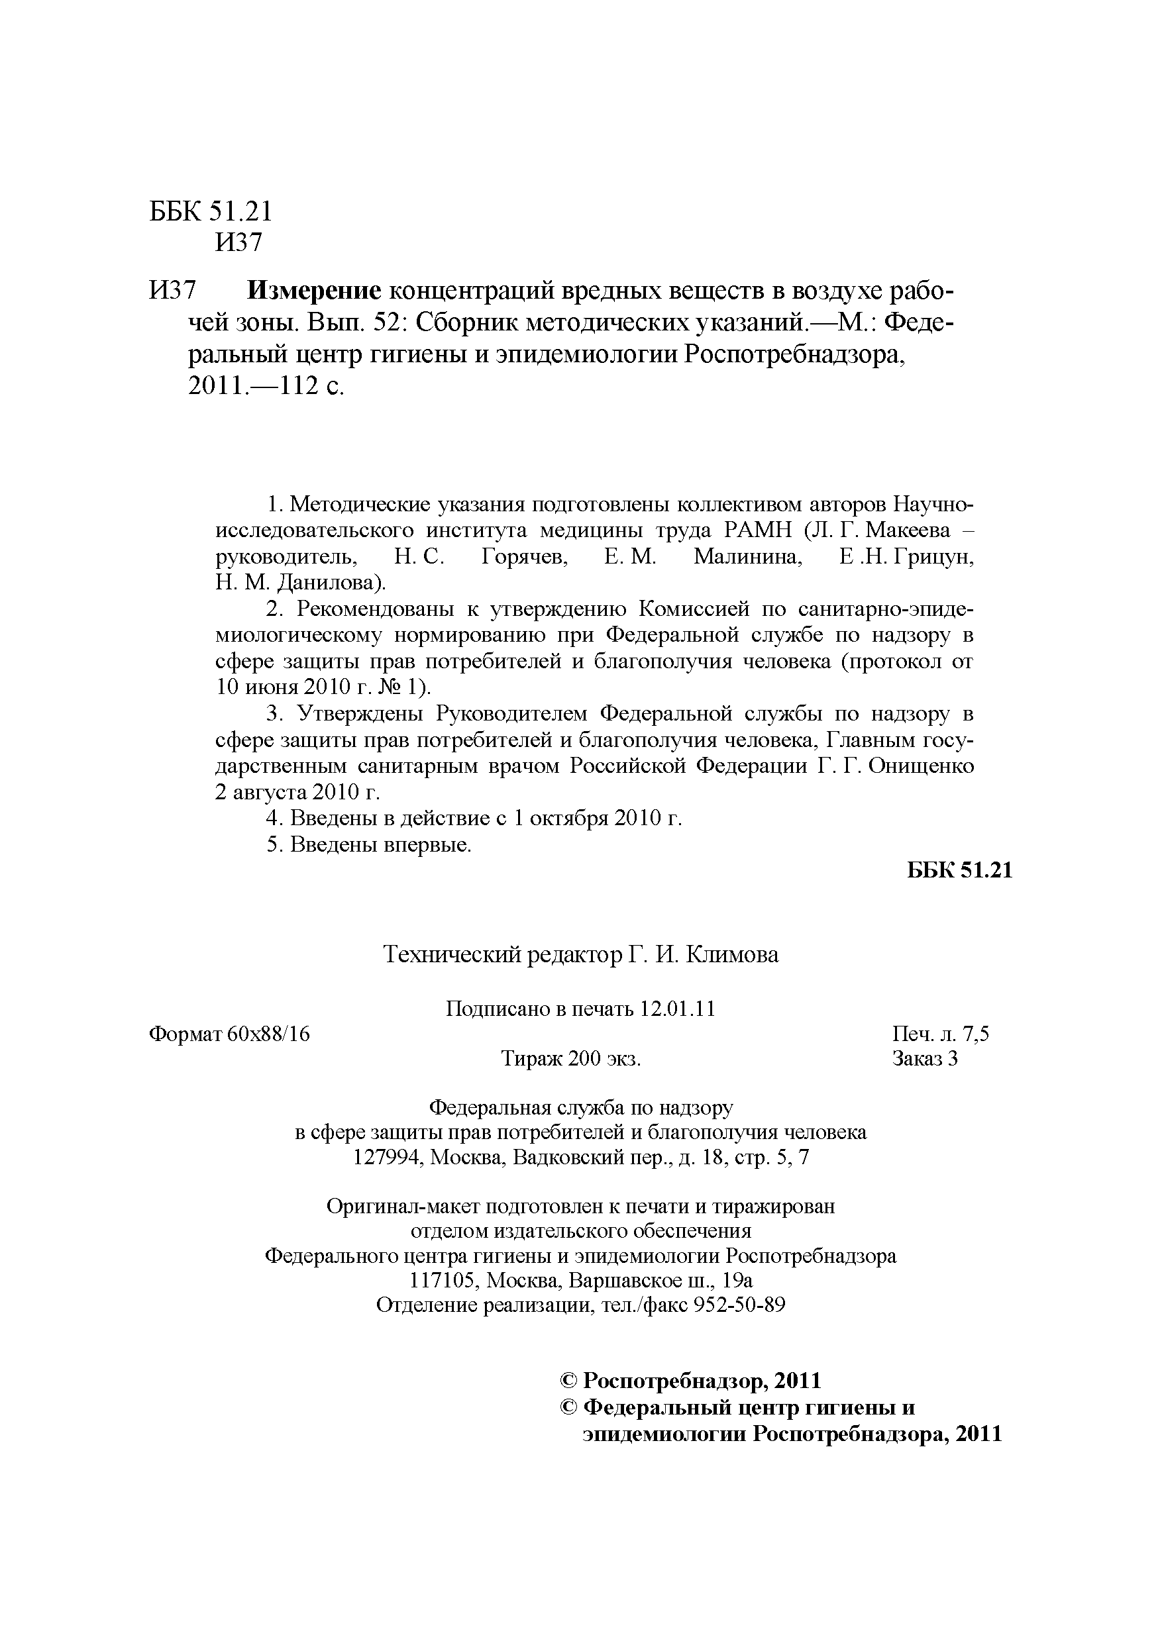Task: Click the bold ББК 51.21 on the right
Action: pos(959,871)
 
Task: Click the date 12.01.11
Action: pos(677,1009)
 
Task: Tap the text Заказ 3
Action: pos(924,1058)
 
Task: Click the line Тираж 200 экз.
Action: pos(570,1058)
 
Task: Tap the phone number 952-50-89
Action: pos(735,1305)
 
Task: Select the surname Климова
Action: pos(733,954)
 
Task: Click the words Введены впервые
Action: pos(381,845)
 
